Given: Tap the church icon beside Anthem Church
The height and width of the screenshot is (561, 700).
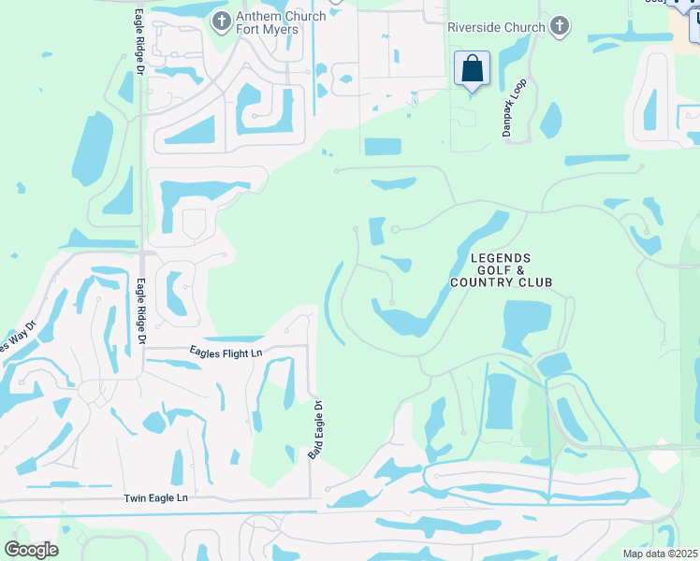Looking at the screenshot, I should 221,21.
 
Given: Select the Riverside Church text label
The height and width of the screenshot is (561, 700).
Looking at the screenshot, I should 496,27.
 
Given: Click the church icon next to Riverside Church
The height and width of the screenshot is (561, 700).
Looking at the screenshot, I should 560,26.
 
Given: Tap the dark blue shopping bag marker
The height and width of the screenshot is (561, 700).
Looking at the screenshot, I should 473,68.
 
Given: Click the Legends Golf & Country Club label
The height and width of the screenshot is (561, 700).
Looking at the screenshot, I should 501,270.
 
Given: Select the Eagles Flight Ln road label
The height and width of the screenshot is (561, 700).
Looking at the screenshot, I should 226,352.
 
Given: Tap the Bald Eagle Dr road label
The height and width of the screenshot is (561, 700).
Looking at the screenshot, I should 315,430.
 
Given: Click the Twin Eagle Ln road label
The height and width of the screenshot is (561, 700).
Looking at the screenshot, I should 156,499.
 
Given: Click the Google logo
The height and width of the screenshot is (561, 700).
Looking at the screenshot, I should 31,549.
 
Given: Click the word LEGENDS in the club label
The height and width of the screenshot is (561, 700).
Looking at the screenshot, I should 501,258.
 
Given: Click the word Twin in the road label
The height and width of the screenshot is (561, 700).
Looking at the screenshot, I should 137,499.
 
